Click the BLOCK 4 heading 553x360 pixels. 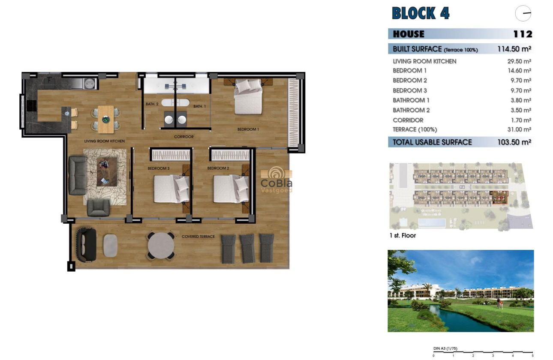[x=421, y=13]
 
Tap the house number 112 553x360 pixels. [x=523, y=34]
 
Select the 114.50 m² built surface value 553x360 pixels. [x=514, y=49]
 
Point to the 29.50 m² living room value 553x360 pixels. [x=519, y=61]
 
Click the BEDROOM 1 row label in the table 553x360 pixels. [x=409, y=71]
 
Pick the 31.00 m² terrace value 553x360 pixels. [x=519, y=129]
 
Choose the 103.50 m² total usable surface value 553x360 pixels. [x=513, y=142]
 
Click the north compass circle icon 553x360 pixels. [x=523, y=14]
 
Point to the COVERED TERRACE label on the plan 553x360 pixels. [x=198, y=237]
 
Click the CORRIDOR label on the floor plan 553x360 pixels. [x=184, y=137]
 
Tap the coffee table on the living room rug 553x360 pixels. [x=107, y=171]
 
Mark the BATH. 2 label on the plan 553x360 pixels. [x=152, y=104]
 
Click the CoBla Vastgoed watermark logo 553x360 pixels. [x=276, y=180]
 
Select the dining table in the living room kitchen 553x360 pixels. [x=106, y=119]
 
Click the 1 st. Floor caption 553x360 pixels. [x=403, y=236]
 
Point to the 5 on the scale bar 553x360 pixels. [x=532, y=356]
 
